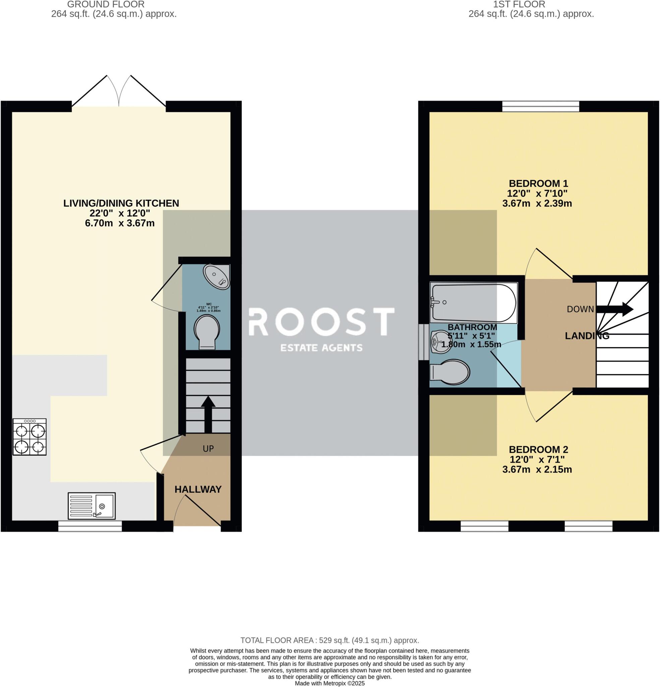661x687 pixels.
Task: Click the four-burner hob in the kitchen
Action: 29,437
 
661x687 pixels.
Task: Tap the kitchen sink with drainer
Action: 92,506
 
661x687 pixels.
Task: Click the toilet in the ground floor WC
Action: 207,331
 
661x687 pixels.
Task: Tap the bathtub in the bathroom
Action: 473,303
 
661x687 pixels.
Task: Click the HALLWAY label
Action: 198,489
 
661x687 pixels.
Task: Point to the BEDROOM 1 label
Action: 538,183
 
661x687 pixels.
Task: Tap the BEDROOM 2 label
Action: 538,450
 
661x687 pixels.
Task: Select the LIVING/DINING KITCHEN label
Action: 121,203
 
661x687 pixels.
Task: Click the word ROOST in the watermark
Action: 321,321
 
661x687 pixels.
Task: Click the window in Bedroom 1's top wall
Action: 541,106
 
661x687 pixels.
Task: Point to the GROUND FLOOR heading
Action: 106,5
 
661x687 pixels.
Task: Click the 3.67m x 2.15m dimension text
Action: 537,469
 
